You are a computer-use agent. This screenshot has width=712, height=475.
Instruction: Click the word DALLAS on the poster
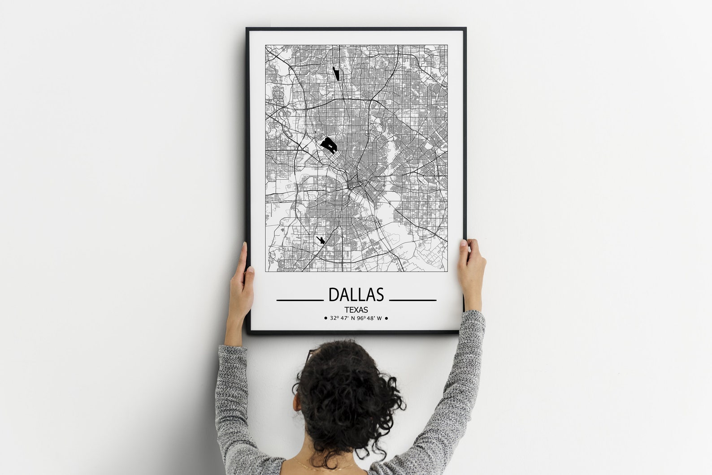[x=356, y=295]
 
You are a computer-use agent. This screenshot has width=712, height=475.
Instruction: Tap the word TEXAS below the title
[x=356, y=310]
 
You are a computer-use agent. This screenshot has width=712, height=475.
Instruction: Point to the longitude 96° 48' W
[x=369, y=318]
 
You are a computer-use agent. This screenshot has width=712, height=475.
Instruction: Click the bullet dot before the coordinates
[x=326, y=318]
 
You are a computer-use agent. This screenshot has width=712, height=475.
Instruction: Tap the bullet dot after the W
[x=386, y=318]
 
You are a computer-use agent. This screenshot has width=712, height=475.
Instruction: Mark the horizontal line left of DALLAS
[x=300, y=300]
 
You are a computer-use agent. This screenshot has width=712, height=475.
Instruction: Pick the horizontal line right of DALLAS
[x=412, y=300]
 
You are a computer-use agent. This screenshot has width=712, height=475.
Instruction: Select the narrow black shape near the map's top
[x=336, y=73]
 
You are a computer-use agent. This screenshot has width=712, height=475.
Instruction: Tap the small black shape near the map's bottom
[x=321, y=240]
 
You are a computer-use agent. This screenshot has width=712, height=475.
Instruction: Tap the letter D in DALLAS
[x=334, y=295]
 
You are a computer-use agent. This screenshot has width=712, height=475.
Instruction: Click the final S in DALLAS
[x=379, y=295]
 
